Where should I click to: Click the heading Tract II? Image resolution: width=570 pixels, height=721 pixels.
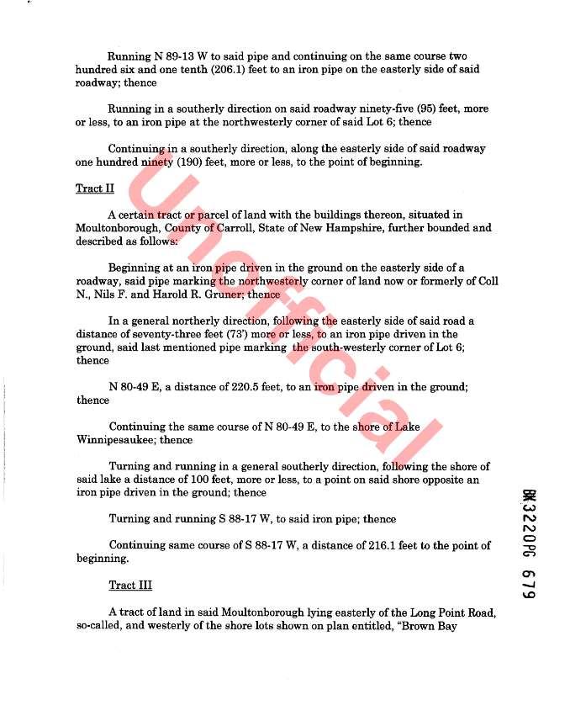coord(95,188)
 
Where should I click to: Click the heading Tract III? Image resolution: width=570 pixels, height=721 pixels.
coord(130,585)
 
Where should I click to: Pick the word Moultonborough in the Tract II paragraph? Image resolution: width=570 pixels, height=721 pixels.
coord(114,228)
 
